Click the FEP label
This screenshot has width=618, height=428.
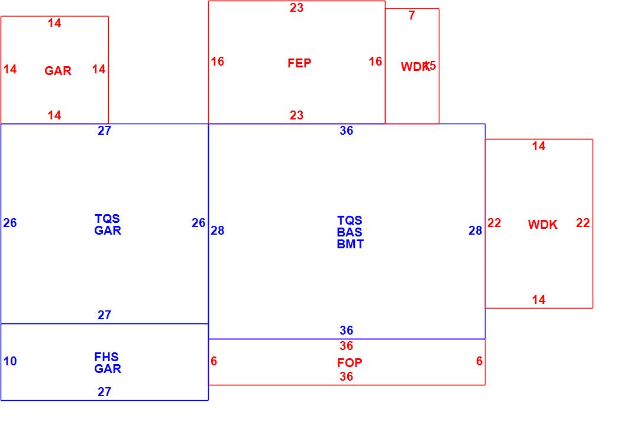(299, 63)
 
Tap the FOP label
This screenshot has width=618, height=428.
(350, 363)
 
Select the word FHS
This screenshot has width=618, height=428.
(106, 357)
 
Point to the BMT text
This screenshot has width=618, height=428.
(350, 244)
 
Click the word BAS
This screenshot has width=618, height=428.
(350, 232)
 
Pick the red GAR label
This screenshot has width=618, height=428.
(58, 71)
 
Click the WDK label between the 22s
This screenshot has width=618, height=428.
(542, 225)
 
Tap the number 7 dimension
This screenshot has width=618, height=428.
(412, 16)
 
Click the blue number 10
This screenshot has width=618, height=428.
(10, 361)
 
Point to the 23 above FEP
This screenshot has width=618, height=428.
(296, 8)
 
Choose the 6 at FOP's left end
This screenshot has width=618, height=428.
(213, 361)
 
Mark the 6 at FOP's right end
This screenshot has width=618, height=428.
(479, 361)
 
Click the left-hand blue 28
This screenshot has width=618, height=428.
(218, 231)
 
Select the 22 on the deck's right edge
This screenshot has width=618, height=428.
(583, 223)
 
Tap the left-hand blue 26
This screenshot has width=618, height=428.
(10, 223)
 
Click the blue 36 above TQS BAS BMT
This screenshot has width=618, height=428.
(347, 131)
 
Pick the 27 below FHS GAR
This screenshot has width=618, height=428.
(104, 391)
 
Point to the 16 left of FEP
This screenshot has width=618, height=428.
(218, 61)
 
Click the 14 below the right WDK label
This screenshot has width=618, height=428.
(538, 300)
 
